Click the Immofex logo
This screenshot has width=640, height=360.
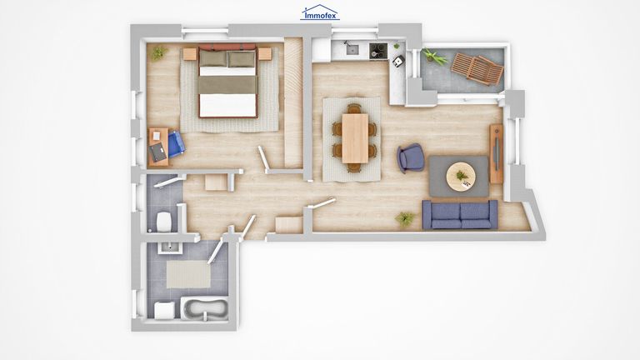[320, 12]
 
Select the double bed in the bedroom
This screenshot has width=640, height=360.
[227, 81]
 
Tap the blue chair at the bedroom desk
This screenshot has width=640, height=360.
[176, 143]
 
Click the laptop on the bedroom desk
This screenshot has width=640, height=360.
[158, 152]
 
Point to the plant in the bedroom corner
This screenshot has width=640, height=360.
[159, 52]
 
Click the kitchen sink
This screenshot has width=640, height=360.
[352, 49]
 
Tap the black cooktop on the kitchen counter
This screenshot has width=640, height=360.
[379, 51]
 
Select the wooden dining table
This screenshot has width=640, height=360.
[355, 138]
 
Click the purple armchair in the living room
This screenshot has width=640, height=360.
[411, 157]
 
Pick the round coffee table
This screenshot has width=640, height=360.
[461, 177]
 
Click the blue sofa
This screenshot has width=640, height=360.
[460, 214]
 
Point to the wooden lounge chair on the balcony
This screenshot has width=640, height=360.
[477, 68]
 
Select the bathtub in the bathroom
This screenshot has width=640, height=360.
[205, 309]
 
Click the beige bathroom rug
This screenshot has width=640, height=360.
[188, 274]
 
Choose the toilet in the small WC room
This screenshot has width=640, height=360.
[163, 222]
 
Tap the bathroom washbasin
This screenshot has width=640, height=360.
[168, 247]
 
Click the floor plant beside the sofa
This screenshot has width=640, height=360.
[405, 219]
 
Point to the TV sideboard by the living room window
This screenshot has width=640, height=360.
[496, 153]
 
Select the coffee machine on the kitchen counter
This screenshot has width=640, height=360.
[398, 61]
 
